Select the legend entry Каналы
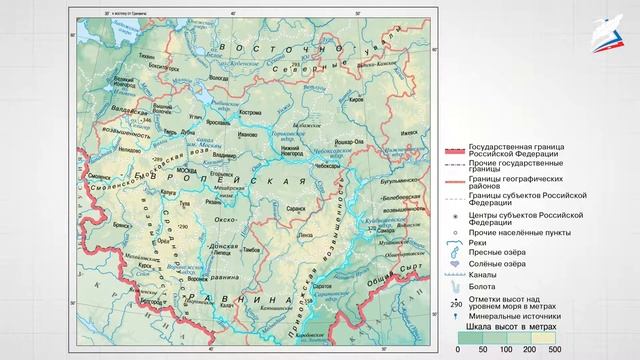pyautogui.click(x=485, y=272)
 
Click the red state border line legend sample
pyautogui.click(x=455, y=149)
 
